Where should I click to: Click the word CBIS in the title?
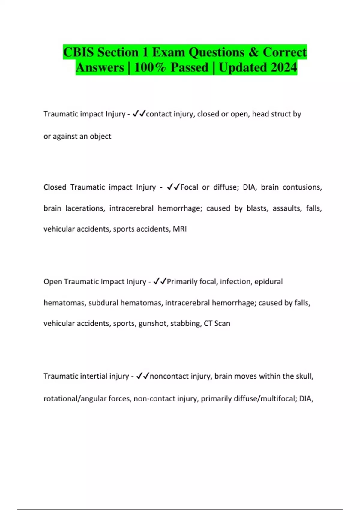point(79,52)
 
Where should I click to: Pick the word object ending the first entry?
point(100,136)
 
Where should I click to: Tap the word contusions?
point(302,187)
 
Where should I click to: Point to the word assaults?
point(287,208)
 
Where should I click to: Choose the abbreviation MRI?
point(180,229)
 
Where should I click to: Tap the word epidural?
point(268,282)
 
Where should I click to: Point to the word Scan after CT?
point(222,323)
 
